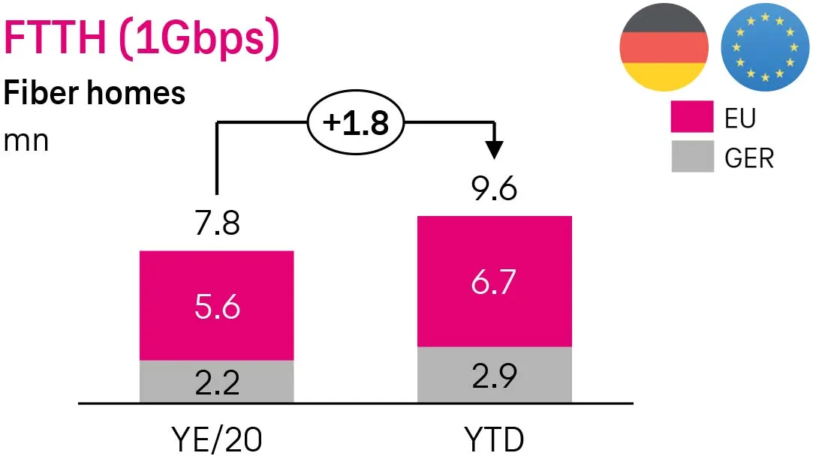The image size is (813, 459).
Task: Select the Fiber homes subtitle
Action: [95, 94]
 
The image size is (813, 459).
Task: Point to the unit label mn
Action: [26, 140]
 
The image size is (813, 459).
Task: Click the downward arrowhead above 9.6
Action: [493, 149]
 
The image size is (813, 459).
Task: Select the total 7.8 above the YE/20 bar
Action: [216, 223]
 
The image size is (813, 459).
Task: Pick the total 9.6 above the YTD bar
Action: [494, 189]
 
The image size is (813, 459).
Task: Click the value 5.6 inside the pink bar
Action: [216, 306]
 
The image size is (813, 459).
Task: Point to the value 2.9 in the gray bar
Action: [494, 375]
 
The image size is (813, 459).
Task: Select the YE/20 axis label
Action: [216, 438]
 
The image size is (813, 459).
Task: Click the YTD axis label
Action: [494, 438]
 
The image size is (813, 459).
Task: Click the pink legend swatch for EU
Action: [691, 118]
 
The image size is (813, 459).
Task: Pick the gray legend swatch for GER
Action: [691, 157]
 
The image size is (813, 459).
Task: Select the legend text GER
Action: [748, 158]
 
